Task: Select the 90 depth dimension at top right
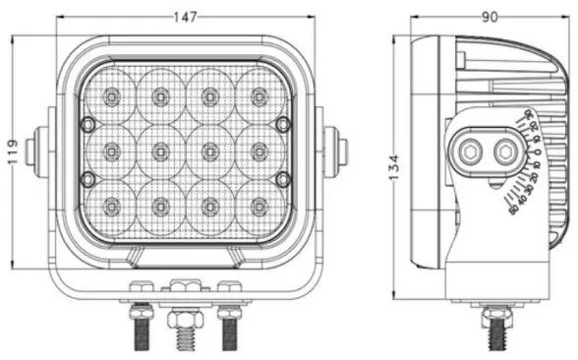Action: pyautogui.click(x=489, y=16)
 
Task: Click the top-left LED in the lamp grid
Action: pyautogui.click(x=111, y=96)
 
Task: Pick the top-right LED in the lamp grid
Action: pyautogui.click(x=259, y=96)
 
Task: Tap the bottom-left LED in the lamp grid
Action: pyautogui.click(x=111, y=206)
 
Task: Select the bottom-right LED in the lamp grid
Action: pyautogui.click(x=259, y=206)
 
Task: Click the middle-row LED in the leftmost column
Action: pyautogui.click(x=111, y=150)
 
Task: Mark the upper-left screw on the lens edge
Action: pyautogui.click(x=87, y=124)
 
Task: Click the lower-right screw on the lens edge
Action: pyautogui.click(x=283, y=178)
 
